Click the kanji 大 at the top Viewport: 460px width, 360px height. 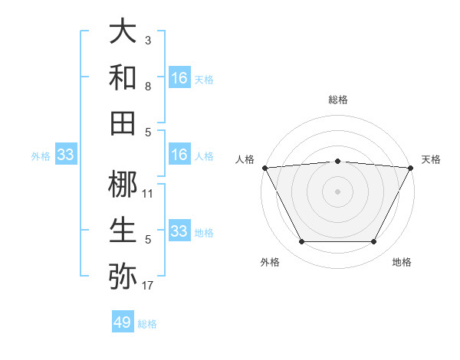point(123,33)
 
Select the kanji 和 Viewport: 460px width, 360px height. point(123,77)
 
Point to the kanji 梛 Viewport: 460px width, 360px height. point(123,185)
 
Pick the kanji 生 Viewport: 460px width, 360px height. point(123,231)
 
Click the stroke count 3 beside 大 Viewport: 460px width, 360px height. point(148,40)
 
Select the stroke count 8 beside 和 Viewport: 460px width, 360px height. point(148,86)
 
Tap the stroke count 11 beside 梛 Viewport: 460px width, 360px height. point(148,194)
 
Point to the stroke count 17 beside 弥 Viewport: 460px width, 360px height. point(148,286)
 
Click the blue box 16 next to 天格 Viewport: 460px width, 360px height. point(179,78)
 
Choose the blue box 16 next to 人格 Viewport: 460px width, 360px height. point(179,155)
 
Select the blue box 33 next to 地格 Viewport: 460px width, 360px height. point(179,231)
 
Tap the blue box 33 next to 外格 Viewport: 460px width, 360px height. point(65,155)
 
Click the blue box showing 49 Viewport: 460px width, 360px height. point(123,322)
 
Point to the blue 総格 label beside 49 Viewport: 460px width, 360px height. point(147,324)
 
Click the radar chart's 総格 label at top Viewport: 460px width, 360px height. point(338,100)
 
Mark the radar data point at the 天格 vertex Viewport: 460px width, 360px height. point(411,167)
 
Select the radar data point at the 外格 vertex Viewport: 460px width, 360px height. point(301,242)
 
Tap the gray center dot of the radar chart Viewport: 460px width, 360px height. point(337,191)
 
